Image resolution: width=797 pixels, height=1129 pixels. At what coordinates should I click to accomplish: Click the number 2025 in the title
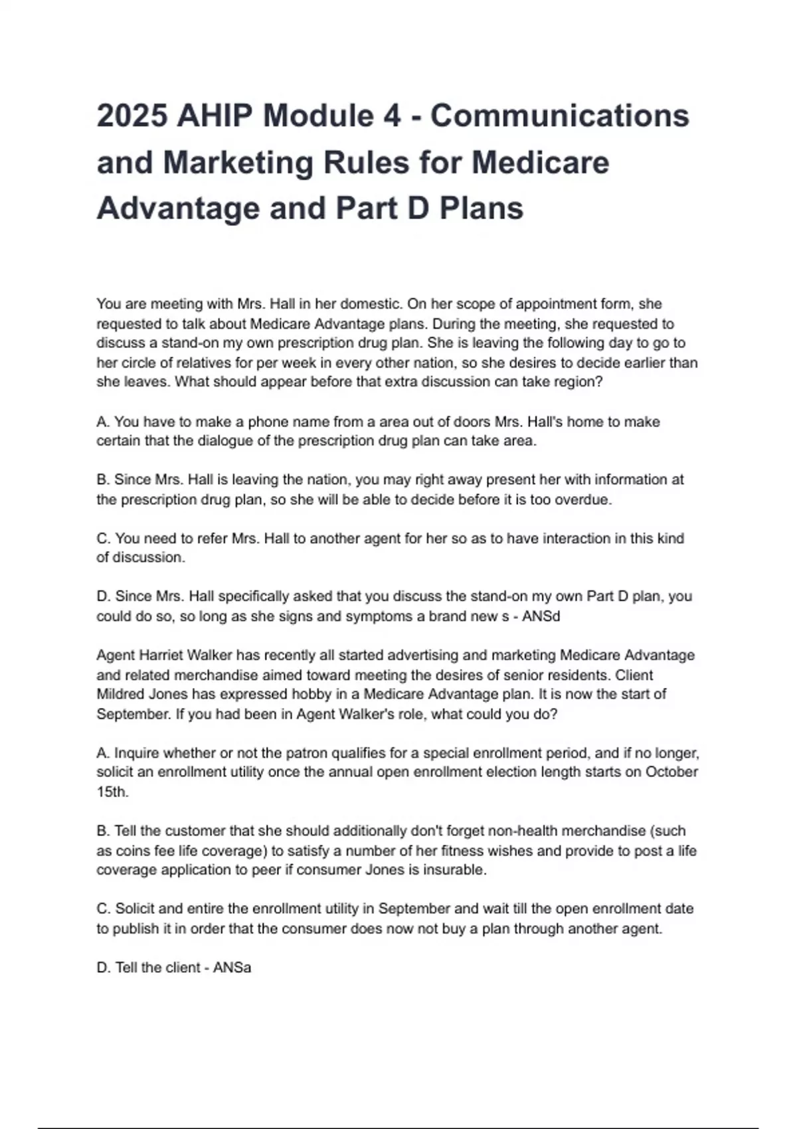(132, 116)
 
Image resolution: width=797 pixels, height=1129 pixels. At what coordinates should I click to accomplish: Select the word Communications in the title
(560, 116)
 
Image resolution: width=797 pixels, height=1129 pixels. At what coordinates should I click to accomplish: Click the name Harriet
(161, 655)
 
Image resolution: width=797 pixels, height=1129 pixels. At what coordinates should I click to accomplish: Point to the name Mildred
(120, 695)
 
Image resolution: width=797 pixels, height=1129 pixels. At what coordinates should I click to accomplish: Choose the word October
(671, 772)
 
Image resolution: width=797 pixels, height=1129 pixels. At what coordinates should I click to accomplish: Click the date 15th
(112, 792)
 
